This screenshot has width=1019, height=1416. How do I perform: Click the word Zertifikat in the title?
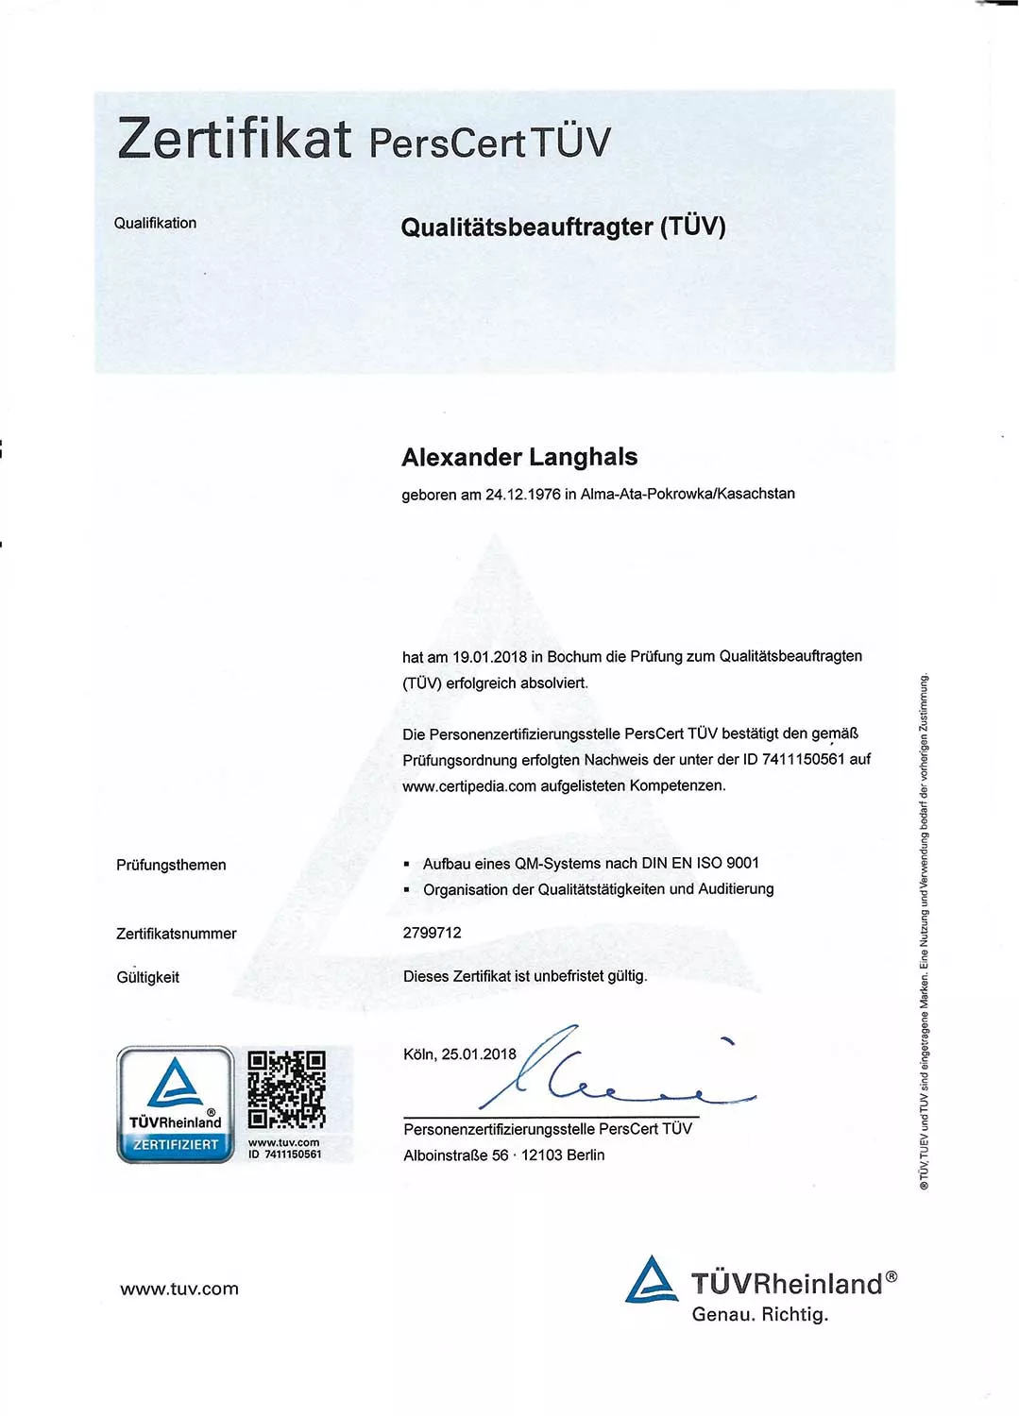[234, 138]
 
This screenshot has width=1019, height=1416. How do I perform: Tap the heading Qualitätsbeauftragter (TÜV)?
[563, 227]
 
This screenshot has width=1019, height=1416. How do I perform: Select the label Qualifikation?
[155, 223]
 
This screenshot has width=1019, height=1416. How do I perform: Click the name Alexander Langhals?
[519, 457]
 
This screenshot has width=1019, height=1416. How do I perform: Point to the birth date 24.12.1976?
[522, 495]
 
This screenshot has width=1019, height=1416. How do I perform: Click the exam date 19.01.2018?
[489, 657]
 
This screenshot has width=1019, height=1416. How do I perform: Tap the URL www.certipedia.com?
[469, 786]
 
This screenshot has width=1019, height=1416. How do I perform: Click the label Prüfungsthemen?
[171, 865]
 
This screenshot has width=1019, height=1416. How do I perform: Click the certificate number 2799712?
[433, 933]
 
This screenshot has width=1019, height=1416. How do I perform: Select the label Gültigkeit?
[147, 977]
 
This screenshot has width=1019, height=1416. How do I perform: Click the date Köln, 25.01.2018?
[460, 1054]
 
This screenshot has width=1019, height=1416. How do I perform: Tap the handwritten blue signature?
[604, 1076]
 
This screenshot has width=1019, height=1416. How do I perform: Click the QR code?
[286, 1089]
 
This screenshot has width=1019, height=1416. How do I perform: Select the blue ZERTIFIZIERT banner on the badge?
[176, 1145]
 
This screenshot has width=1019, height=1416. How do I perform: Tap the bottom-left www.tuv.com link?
[179, 1289]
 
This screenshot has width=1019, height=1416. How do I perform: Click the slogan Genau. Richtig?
[759, 1314]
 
